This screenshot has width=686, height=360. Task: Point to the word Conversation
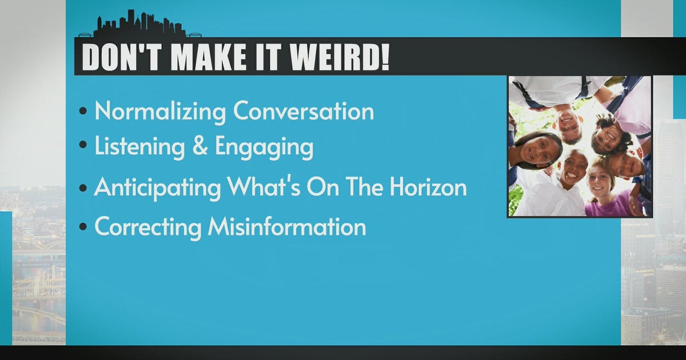pyautogui.click(x=303, y=111)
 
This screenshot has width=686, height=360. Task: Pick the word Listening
pyautogui.click(x=139, y=147)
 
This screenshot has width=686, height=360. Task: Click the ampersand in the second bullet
pyautogui.click(x=200, y=147)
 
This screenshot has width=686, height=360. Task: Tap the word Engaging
pyautogui.click(x=264, y=148)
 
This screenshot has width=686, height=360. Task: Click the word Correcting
pyautogui.click(x=147, y=227)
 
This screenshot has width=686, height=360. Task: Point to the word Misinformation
pyautogui.click(x=287, y=227)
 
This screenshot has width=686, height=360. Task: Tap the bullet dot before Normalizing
pyautogui.click(x=84, y=113)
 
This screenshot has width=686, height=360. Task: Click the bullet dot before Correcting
pyautogui.click(x=84, y=228)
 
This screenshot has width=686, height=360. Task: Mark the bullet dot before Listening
pyautogui.click(x=84, y=149)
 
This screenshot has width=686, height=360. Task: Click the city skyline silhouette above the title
pyautogui.click(x=140, y=26)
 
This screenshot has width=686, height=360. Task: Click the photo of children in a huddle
pyautogui.click(x=579, y=146)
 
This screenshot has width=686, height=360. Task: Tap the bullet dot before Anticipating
pyautogui.click(x=84, y=189)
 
